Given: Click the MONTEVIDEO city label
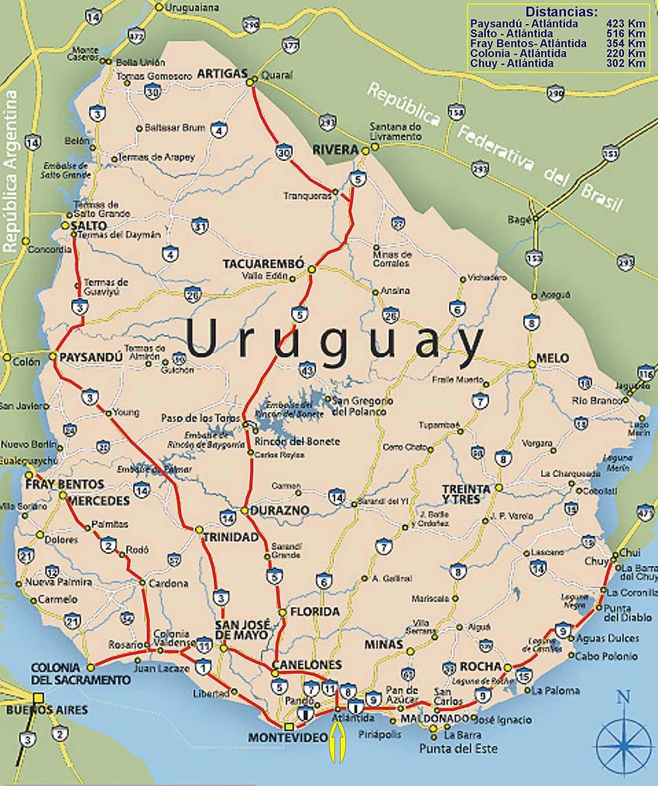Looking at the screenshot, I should pyautogui.click(x=288, y=738).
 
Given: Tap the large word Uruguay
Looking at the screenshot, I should pyautogui.click(x=334, y=342).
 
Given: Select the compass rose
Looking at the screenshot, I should pyautogui.click(x=624, y=736).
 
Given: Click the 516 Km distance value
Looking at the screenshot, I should pyautogui.click(x=626, y=34).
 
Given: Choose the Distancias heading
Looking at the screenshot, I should pyautogui.click(x=561, y=12).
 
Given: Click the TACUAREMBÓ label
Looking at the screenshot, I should pyautogui.click(x=264, y=263).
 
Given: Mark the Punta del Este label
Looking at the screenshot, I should pyautogui.click(x=458, y=749).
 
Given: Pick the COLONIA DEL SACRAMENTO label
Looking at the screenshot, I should pyautogui.click(x=81, y=674).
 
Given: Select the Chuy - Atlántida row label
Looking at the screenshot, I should pyautogui.click(x=512, y=63).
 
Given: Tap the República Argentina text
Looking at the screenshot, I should pyautogui.click(x=11, y=171).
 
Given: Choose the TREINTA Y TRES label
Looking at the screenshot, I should pyautogui.click(x=466, y=495).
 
